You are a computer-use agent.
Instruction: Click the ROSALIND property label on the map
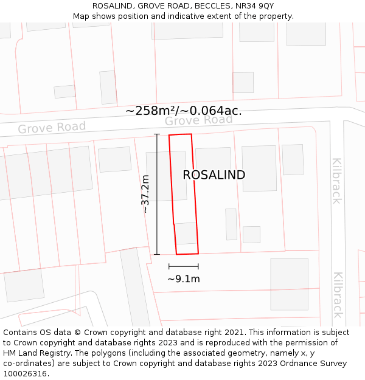point(214,175)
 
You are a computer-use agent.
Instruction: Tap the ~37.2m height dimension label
point(145,193)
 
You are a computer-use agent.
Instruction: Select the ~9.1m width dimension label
point(184,279)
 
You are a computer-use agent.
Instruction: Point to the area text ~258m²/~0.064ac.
point(184,111)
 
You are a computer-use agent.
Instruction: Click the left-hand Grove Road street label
point(52,128)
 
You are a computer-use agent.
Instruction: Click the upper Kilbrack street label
point(336,181)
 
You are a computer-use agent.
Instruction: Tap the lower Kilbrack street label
point(338,294)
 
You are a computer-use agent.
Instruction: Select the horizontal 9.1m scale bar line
point(184,266)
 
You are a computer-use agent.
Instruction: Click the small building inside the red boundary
point(186,233)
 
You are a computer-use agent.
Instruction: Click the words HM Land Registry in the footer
point(36,353)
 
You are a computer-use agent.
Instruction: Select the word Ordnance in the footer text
point(296,364)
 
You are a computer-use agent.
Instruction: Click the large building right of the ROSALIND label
point(259,168)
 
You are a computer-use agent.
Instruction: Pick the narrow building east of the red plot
point(231,224)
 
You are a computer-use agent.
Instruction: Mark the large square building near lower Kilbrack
point(289,284)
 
